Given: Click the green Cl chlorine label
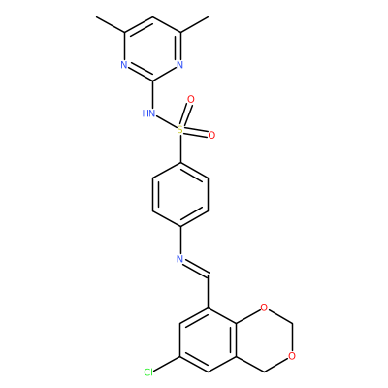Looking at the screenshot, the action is click(148, 372).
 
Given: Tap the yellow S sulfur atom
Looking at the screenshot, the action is click(180, 130).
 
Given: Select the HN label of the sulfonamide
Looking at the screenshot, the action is click(148, 113).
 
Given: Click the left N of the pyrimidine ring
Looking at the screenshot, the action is click(124, 65).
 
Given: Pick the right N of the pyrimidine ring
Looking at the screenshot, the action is click(180, 65).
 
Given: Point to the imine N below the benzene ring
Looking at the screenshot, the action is click(180, 259).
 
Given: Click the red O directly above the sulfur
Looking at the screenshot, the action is click(191, 100).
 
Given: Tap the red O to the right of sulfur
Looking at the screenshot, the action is click(211, 135).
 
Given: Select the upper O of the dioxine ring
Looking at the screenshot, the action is click(264, 307).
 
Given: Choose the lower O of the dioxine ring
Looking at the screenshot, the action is click(292, 356).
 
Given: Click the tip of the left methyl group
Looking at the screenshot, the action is click(97, 16).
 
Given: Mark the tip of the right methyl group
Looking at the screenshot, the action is click(209, 16).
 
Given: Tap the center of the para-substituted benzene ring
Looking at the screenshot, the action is click(180, 194).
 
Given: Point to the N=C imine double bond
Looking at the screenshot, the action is click(196, 268).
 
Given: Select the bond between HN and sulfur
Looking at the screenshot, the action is click(166, 122).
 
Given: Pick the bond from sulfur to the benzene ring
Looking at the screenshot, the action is click(180, 148).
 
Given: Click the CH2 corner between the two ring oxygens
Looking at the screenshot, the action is click(292, 324).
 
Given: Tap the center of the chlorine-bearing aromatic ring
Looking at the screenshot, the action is click(209, 339).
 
